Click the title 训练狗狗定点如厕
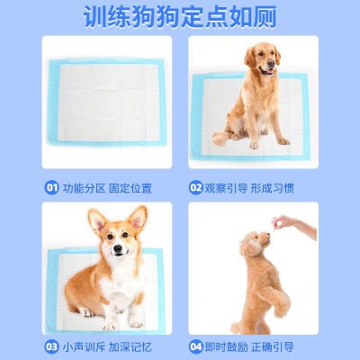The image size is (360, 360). pyautogui.click(x=180, y=17)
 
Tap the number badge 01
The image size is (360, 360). pyautogui.click(x=52, y=188)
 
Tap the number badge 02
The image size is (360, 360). pyautogui.click(x=195, y=188)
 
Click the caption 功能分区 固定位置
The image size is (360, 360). pyautogui.click(x=107, y=188)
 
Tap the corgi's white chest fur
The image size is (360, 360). pyautogui.click(x=114, y=283)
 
